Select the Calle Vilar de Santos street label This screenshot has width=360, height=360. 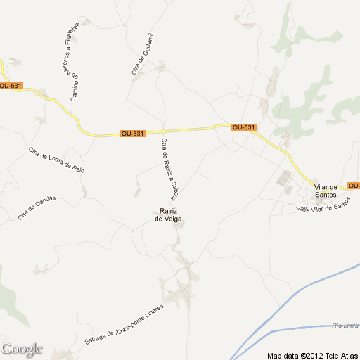(x=323, y=207)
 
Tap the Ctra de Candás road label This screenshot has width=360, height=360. (x=37, y=208)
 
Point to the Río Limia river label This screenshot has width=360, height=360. (x=345, y=326)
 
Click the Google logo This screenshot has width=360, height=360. (x=22, y=349)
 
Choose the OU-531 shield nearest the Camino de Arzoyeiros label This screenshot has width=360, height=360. (x=11, y=86)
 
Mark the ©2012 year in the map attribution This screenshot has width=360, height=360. (x=311, y=354)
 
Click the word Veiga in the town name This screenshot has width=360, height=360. (x=172, y=219)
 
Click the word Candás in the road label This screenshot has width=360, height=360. (x=46, y=202)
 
